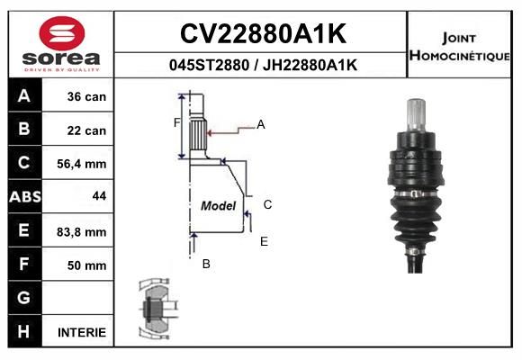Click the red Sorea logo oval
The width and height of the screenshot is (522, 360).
(x=62, y=33)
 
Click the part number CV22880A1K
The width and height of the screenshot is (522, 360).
(x=263, y=33)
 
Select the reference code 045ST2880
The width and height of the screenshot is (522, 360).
(x=209, y=65)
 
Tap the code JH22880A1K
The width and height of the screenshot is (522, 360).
(x=310, y=65)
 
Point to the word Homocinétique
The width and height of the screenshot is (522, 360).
(x=459, y=56)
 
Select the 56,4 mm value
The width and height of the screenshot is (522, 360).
(x=82, y=164)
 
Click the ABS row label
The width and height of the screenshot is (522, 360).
(x=25, y=197)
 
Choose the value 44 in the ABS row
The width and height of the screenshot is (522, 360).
(x=99, y=196)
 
